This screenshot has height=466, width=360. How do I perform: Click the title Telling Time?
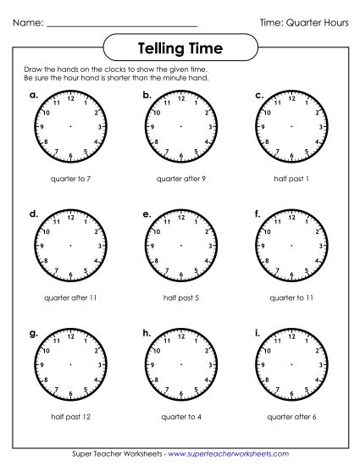[x=180, y=48]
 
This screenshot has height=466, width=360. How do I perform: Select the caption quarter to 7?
[x=70, y=180]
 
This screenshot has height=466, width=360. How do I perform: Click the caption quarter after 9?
[x=180, y=180]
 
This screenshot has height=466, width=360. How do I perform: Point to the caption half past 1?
[x=289, y=180]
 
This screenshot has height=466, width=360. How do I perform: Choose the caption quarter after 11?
[x=70, y=298]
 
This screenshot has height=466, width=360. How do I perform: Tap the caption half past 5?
[x=180, y=298]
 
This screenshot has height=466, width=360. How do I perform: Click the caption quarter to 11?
[x=289, y=298]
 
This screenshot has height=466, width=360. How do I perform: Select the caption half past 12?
[x=70, y=416]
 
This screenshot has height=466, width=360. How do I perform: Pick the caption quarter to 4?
[x=180, y=416]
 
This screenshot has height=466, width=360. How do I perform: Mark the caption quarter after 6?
[x=289, y=416]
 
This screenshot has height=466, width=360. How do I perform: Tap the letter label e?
[x=147, y=215]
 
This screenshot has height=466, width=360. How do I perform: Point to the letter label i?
[x=257, y=333]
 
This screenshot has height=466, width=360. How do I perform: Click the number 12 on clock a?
[x=70, y=98]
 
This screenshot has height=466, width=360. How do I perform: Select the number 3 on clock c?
[x=318, y=127]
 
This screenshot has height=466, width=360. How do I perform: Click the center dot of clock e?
[x=180, y=246]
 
